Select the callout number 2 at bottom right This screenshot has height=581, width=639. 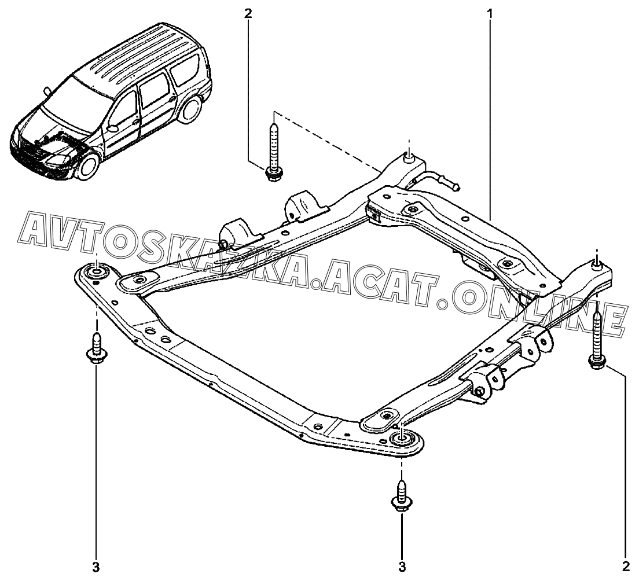pyautogui.click(x=626, y=564)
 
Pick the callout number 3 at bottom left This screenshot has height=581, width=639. pyautogui.click(x=96, y=565)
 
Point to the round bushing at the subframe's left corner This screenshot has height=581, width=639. pyautogui.click(x=97, y=271)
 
